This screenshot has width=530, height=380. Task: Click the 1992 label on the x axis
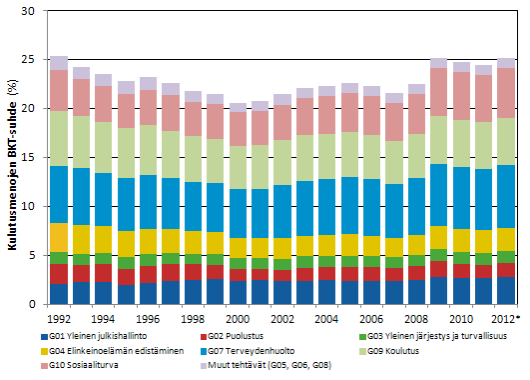[59, 317]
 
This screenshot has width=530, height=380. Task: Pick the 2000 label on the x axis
[238, 317]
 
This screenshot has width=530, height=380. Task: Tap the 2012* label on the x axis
[506, 317]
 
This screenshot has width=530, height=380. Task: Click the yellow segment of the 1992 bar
[59, 237]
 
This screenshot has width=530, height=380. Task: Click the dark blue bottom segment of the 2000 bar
[238, 293]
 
